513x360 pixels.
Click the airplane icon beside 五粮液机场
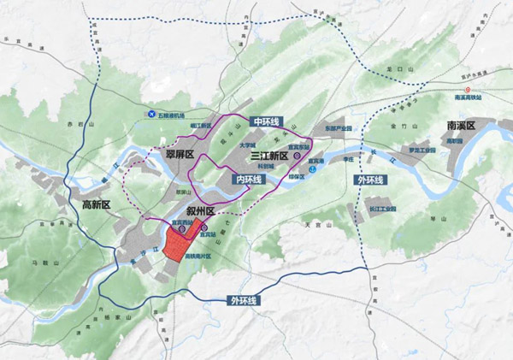pyautogui.click(x=151, y=114)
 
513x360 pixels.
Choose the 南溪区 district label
pyautogui.click(x=467, y=126)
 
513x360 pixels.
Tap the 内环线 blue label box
pyautogui.click(x=248, y=179)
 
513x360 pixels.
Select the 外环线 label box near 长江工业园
pyautogui.click(x=369, y=181)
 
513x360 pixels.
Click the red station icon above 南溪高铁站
pyautogui.click(x=467, y=88)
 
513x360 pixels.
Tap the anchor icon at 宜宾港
pyautogui.click(x=313, y=168)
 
